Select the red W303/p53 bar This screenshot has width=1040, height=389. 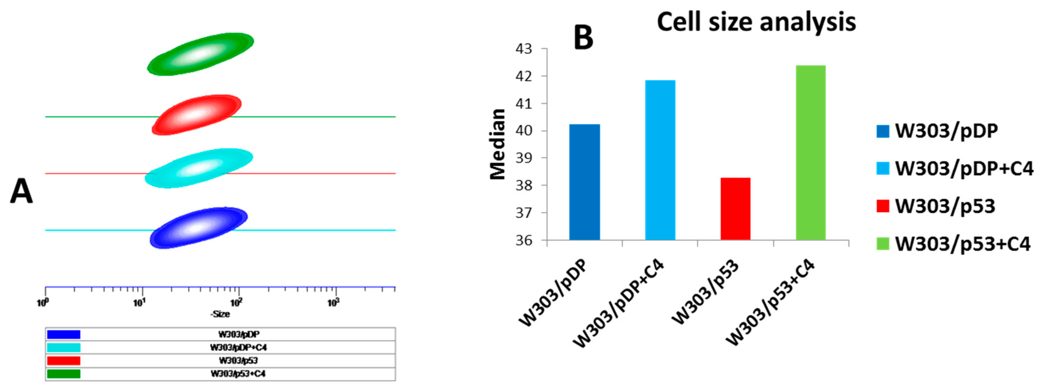735,209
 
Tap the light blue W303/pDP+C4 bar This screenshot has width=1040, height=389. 660,161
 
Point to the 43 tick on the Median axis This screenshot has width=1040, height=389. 524,49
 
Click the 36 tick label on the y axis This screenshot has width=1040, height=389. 524,241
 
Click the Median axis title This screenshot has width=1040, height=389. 498,144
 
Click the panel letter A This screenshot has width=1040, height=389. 21,192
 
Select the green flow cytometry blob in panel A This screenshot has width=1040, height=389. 200,54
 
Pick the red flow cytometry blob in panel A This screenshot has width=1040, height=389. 197,115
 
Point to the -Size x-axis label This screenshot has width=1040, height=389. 220,314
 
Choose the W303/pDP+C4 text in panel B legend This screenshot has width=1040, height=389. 964,169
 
